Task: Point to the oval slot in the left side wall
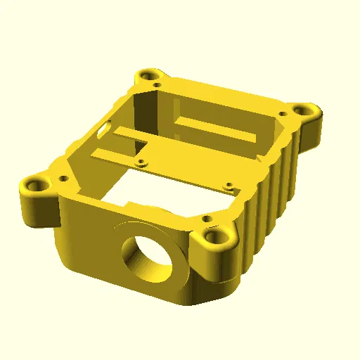point(104,130)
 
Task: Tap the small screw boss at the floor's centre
point(143,162)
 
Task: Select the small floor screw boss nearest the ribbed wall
point(228,187)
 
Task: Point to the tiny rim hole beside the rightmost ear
point(283,113)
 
